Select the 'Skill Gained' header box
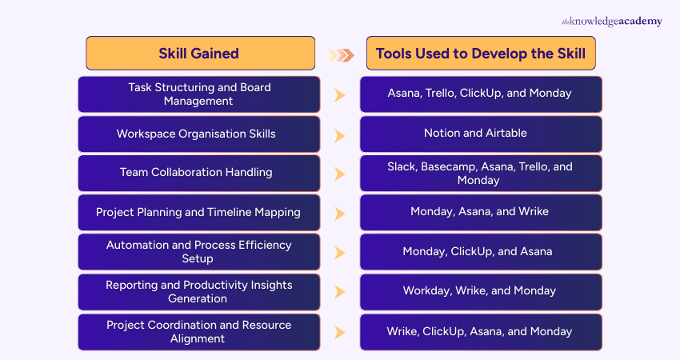[200, 54]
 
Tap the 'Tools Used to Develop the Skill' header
[480, 54]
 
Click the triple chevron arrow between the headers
[341, 55]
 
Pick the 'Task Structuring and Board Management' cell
[200, 94]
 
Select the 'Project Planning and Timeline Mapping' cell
[198, 213]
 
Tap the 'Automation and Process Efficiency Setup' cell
[198, 252]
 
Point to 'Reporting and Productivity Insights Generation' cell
[198, 292]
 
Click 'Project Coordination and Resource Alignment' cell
[198, 331]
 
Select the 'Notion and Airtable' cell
[480, 134]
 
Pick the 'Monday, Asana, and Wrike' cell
[480, 213]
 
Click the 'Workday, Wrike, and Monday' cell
[480, 292]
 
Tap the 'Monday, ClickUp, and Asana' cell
[480, 252]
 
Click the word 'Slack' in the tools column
[402, 167]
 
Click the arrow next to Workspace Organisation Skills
[339, 134]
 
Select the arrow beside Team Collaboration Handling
[339, 174]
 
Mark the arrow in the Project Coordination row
[339, 332]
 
